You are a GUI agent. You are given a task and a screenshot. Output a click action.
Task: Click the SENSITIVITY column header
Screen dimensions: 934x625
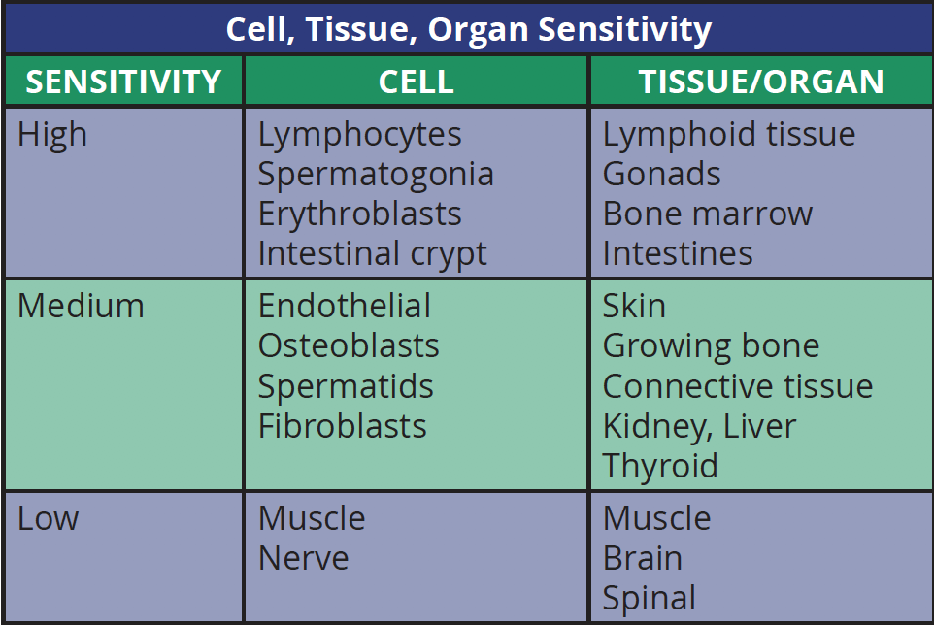click(x=123, y=82)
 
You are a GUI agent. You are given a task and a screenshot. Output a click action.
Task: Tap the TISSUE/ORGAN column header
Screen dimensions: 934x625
click(x=761, y=82)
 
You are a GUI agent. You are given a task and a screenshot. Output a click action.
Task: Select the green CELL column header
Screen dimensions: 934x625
click(x=417, y=82)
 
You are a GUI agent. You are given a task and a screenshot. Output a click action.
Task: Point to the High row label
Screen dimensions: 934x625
click(x=52, y=135)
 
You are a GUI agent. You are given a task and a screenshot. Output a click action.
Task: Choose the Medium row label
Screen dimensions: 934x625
click(x=81, y=306)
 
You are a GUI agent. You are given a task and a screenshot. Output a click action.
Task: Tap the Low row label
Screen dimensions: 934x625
click(x=49, y=518)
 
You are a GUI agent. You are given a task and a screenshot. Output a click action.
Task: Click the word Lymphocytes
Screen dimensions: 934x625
click(x=360, y=135)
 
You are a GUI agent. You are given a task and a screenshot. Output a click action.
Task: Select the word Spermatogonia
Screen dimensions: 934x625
click(x=376, y=175)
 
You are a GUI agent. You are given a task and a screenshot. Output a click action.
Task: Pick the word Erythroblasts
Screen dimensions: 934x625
click(x=360, y=214)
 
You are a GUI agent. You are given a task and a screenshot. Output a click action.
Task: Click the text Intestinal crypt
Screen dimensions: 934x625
click(x=372, y=254)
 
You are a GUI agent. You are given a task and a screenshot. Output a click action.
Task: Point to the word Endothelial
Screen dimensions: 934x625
click(x=345, y=306)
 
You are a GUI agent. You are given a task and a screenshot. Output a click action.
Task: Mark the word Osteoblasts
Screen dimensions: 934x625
click(x=349, y=345)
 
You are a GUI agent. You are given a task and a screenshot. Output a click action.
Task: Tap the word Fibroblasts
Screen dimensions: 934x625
click(x=343, y=426)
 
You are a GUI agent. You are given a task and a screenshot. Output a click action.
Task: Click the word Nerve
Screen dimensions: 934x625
click(x=304, y=558)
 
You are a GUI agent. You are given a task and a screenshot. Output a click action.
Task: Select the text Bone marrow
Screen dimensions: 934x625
click(x=708, y=214)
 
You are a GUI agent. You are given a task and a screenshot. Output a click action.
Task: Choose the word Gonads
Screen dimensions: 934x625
click(x=662, y=174)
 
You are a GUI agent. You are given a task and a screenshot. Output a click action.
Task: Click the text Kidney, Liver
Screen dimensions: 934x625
click(x=699, y=427)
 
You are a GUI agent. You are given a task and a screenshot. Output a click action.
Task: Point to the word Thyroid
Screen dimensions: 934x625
click(x=660, y=467)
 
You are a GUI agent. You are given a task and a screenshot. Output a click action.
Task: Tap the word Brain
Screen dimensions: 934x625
click(x=643, y=558)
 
